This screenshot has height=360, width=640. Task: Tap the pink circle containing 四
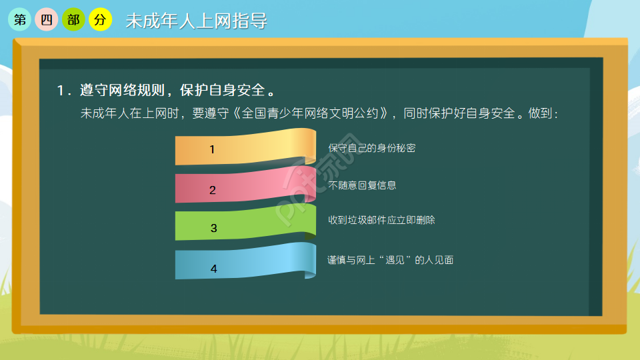(x=46, y=20)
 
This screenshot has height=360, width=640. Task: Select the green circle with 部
(x=73, y=20)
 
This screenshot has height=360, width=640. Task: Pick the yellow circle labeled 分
(x=100, y=20)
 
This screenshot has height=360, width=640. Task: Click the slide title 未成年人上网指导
(x=196, y=21)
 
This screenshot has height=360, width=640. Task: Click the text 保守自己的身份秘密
(x=371, y=148)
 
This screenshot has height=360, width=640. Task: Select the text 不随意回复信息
(x=362, y=185)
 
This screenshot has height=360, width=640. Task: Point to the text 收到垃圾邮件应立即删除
(x=381, y=219)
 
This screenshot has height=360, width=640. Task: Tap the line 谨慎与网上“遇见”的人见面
(x=390, y=260)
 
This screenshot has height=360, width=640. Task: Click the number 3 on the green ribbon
(x=213, y=228)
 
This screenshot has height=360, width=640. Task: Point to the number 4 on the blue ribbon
(x=213, y=269)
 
